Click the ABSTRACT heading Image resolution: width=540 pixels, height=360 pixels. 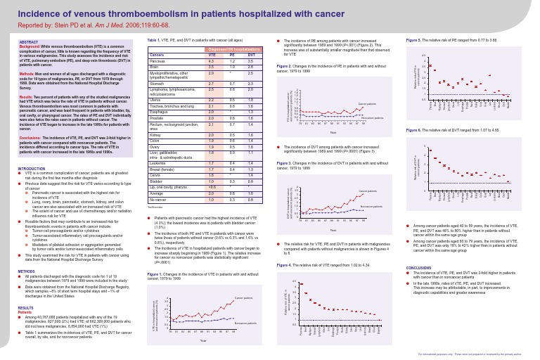coord(28,42)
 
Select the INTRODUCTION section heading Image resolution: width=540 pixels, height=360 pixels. coord(30,188)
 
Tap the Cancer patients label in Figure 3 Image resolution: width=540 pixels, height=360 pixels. coord(368,191)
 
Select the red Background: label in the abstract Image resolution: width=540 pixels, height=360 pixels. coord(30,46)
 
